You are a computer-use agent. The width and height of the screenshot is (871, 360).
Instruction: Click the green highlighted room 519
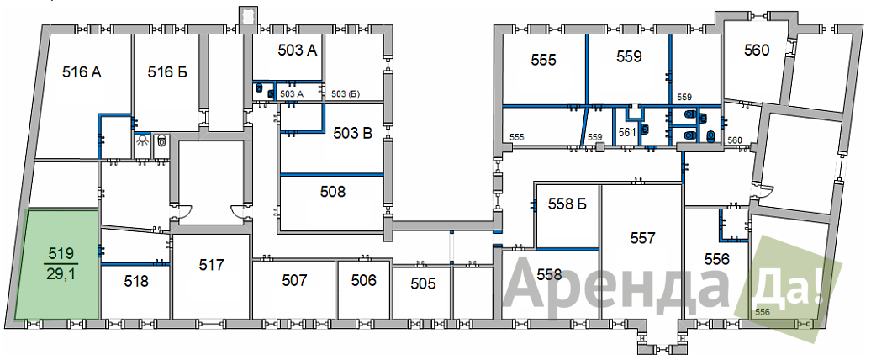58,265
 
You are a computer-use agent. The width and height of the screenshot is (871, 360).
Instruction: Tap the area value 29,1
61,274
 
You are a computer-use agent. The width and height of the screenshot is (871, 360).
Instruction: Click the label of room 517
211,265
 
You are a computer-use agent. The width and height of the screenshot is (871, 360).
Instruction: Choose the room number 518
136,281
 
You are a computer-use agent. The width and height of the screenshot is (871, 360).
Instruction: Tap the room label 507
294,281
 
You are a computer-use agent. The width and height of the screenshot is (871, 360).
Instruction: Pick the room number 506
364,280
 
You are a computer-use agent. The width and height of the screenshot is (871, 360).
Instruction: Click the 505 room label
423,284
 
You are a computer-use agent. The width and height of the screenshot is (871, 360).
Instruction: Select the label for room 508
333,192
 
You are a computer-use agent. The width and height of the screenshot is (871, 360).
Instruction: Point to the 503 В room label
352,134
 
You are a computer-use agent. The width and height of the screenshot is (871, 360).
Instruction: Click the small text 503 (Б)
346,94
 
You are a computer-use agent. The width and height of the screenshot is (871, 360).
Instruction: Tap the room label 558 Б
567,204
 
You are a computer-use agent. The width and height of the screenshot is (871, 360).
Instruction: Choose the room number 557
643,238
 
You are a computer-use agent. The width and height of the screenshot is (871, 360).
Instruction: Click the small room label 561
626,132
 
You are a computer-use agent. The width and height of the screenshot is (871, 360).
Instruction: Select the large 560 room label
757,50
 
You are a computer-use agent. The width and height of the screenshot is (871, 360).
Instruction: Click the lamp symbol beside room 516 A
143,141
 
